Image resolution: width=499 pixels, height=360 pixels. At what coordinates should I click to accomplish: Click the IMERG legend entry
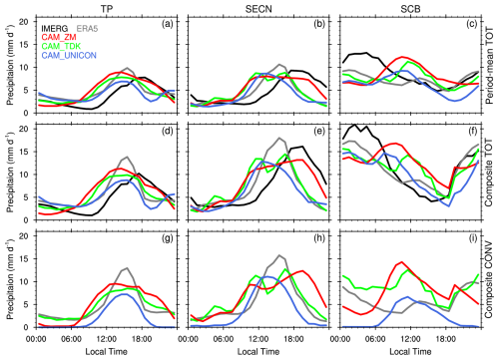(55, 29)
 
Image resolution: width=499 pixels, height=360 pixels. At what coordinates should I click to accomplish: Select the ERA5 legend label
(87, 29)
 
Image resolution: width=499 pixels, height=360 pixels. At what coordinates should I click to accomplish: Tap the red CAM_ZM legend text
(59, 37)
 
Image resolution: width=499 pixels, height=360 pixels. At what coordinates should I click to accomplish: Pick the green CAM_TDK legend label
(61, 46)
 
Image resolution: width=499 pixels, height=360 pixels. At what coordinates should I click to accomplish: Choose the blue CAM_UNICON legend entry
(69, 55)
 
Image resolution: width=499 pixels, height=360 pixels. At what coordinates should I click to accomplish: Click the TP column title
(107, 9)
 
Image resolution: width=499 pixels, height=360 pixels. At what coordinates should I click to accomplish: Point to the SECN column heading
(258, 9)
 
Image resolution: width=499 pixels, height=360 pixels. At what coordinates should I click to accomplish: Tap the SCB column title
(410, 9)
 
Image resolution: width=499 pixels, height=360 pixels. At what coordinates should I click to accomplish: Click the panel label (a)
(168, 24)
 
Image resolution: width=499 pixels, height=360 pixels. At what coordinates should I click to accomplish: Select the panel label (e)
(319, 131)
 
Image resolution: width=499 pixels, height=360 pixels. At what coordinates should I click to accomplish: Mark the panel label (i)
(473, 238)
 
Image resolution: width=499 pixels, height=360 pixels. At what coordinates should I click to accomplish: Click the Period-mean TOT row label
(489, 66)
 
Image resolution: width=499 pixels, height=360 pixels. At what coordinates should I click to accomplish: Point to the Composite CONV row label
(489, 280)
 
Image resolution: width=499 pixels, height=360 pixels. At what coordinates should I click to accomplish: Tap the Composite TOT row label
(489, 173)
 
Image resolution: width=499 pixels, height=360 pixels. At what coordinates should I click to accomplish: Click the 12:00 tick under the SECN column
(258, 339)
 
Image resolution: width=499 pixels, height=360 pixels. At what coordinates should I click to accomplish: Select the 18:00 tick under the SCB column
(446, 339)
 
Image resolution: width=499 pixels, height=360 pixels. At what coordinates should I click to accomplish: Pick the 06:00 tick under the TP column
(71, 339)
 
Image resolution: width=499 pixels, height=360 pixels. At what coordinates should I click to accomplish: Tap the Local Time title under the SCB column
(410, 351)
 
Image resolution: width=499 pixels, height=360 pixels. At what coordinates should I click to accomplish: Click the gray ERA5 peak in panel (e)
(279, 138)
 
